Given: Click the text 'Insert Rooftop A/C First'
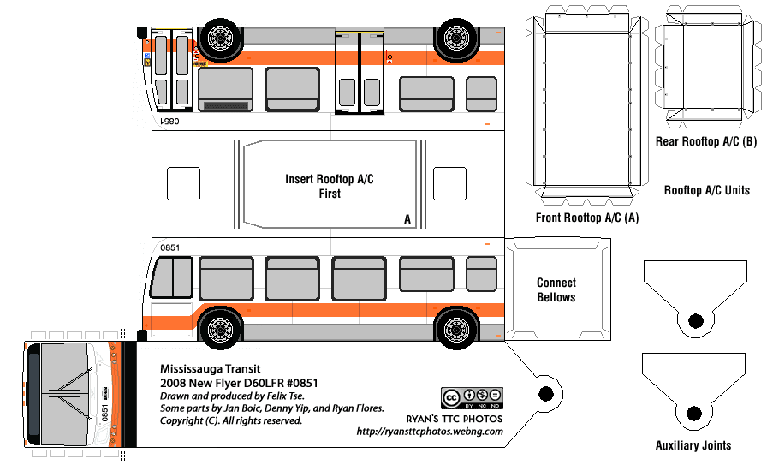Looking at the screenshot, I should tap(329, 187).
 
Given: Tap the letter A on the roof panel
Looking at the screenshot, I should tap(407, 220).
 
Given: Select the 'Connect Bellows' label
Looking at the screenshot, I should tap(556, 290).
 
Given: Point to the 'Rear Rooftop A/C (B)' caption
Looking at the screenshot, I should tap(705, 141).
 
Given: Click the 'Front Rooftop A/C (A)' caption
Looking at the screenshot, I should tap(586, 218).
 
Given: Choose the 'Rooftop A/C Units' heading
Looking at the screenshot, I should tap(707, 190).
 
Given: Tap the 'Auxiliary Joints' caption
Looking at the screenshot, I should tap(693, 445).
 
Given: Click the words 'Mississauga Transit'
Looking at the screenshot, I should tap(205, 369).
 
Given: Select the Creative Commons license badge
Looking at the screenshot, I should tap(472, 399).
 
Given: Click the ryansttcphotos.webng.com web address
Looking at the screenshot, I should tap(430, 432).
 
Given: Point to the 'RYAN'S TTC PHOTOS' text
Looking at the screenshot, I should tap(455, 419).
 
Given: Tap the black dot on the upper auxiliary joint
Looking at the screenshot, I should tap(695, 320).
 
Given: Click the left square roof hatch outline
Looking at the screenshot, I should tap(182, 184).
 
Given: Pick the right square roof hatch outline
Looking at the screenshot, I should tap(448, 184).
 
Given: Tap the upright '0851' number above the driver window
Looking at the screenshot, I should tap(169, 248).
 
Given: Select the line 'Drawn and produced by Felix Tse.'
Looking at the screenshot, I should tap(244, 396).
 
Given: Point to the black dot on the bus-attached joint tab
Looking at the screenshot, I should tap(544, 394).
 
